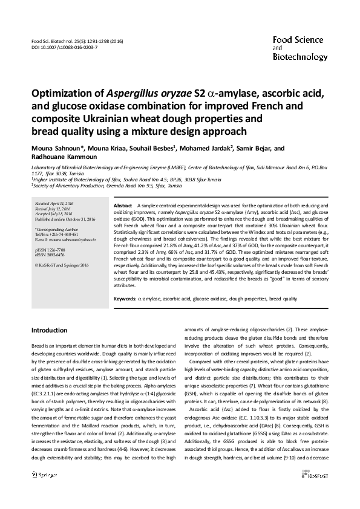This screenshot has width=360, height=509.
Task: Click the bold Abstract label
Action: pyautogui.click(x=123, y=206)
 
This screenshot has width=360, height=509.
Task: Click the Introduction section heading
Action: pyautogui.click(x=50, y=331)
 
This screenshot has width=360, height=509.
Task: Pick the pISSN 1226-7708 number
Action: pyautogui.click(x=50, y=249)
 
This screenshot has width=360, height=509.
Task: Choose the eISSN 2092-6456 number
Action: pyautogui.click(x=50, y=254)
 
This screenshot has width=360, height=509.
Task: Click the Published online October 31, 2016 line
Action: pyautogui.click(x=63, y=219)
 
